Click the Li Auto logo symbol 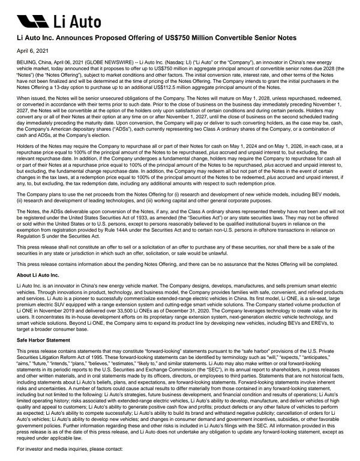[31, 22]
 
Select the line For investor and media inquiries [62, 447]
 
